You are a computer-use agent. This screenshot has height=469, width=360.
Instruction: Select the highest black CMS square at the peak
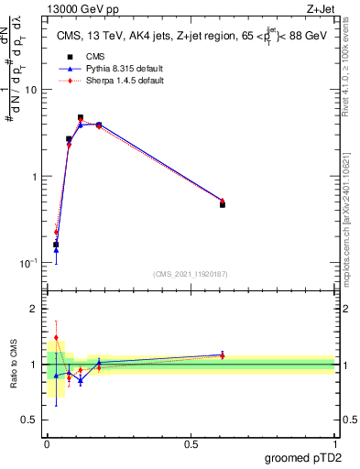click(81, 117)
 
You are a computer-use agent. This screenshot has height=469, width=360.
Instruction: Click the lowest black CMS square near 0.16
click(56, 245)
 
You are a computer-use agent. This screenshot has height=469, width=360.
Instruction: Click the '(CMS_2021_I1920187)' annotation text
click(190, 274)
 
